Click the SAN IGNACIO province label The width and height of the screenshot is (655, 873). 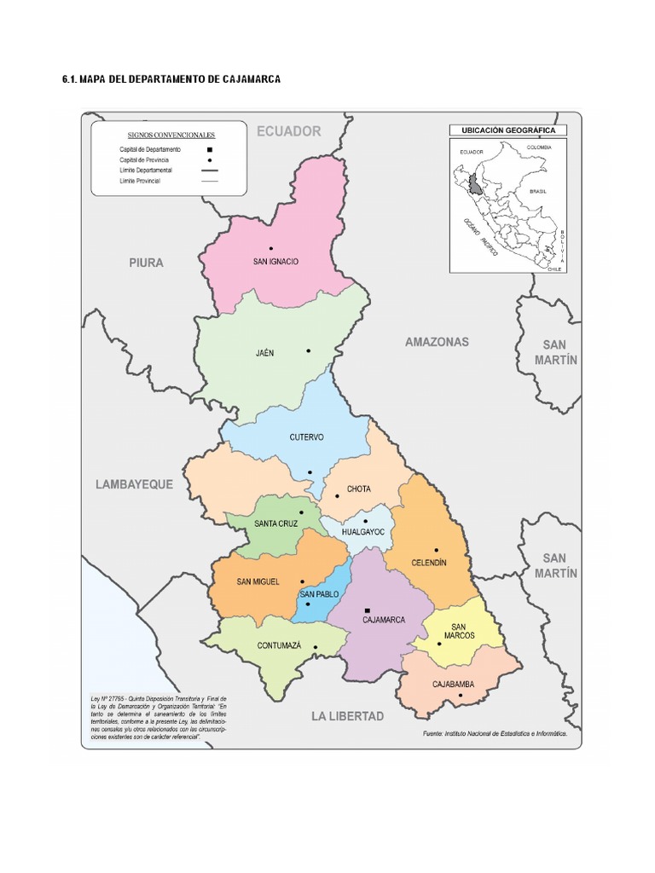point(275,261)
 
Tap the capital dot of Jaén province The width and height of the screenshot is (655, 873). point(309,350)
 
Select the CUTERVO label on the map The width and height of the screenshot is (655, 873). point(306,437)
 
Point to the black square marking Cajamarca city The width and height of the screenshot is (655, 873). point(367,610)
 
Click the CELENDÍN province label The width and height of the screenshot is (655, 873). point(428,563)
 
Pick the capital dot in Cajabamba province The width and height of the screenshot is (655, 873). point(461,696)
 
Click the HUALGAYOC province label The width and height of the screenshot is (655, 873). point(364,532)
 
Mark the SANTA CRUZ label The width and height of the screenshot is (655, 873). point(275,523)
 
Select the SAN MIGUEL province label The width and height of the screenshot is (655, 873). point(258,582)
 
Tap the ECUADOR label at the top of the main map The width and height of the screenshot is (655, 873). point(289,131)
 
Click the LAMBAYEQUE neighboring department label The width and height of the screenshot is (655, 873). point(134,483)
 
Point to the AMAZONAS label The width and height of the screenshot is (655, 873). point(437,342)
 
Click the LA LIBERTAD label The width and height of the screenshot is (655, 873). point(347,715)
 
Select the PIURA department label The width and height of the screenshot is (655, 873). point(146,263)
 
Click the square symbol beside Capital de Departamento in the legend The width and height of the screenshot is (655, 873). point(209,149)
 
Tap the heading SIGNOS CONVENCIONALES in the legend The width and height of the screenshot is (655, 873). point(171,135)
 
